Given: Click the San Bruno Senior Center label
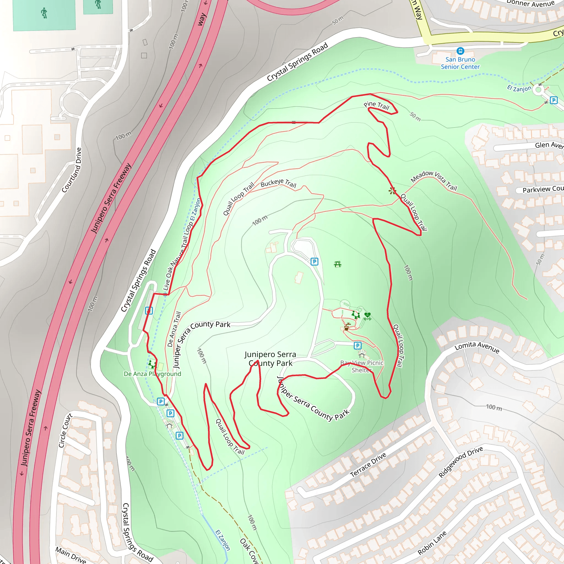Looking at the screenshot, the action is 460,63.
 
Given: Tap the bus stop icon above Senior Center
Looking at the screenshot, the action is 460,51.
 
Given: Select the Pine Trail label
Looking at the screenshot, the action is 376,106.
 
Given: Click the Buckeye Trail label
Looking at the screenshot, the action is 278,183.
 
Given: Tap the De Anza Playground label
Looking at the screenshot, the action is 152,374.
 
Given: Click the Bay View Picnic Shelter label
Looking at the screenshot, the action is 362,366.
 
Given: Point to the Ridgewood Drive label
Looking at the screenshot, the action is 461,462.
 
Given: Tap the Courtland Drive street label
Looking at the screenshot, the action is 72,170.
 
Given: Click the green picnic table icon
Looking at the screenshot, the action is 338,264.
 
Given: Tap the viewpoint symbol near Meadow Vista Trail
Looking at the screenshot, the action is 392,191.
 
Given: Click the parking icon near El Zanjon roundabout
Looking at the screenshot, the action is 554,101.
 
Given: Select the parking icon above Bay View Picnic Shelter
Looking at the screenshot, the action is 358,346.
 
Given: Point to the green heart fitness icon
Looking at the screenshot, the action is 367,315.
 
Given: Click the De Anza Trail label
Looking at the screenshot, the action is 174,329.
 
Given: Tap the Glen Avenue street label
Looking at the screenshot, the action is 549,145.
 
